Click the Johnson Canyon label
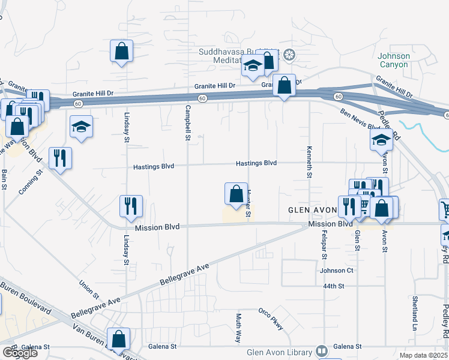coord(394,60)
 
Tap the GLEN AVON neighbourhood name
coord(313,211)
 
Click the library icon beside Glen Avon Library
coord(322,352)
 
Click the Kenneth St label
coord(310,162)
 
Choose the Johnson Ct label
coord(337,271)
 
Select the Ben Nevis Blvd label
coord(361,119)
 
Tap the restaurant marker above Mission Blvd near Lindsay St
coord(130,206)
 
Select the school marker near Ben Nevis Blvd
coord(381,140)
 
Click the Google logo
coord(19,353)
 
